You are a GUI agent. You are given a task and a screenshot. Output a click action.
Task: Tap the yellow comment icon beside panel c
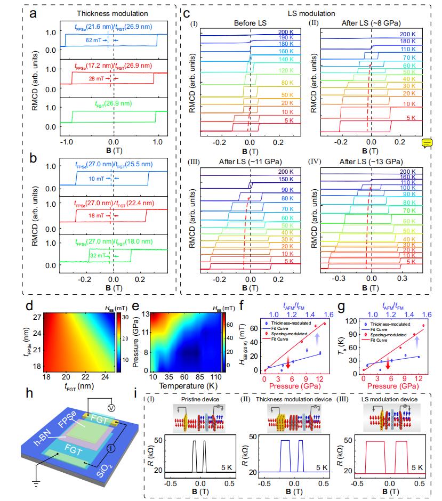pos(427,142)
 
